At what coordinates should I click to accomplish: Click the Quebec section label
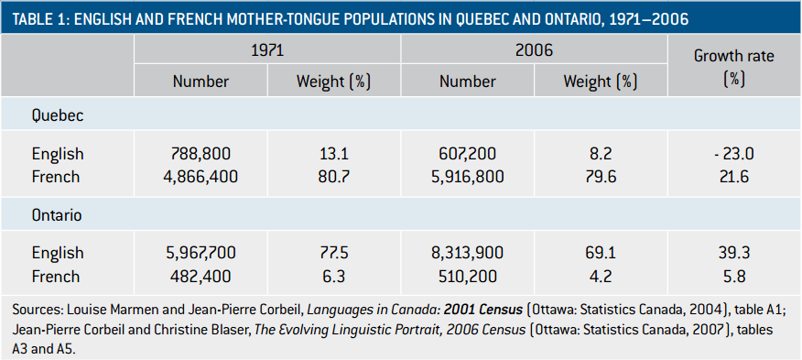[x=59, y=116]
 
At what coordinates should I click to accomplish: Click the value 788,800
[x=200, y=154]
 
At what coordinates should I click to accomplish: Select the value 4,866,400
[x=200, y=177]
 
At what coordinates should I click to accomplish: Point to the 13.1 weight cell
[x=333, y=154]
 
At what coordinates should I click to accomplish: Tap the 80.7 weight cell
[x=333, y=177]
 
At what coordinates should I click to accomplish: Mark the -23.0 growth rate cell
[x=733, y=154]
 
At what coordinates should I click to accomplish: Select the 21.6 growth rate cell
[x=733, y=177]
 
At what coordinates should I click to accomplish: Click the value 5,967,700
[x=200, y=253]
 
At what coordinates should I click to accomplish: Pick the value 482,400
[x=200, y=276]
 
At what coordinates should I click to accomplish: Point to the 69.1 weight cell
[x=601, y=253]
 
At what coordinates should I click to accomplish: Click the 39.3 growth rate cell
[x=733, y=253]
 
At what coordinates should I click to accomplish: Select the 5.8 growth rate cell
[x=733, y=276]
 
